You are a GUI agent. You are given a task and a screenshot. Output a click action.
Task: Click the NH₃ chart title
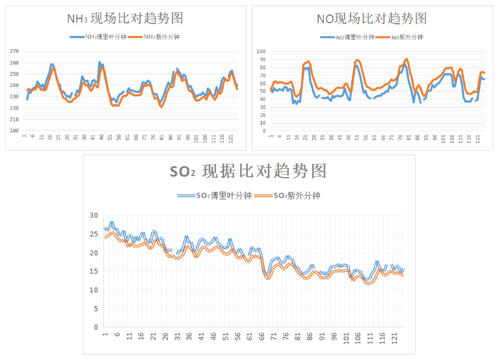[x=125, y=18]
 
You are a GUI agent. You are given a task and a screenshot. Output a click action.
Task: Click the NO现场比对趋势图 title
[x=372, y=18]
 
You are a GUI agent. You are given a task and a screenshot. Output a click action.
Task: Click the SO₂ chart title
[x=248, y=171]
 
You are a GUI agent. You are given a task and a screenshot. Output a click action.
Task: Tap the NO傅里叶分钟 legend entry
[x=347, y=38]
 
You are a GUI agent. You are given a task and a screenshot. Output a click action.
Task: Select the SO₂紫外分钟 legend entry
[x=288, y=196]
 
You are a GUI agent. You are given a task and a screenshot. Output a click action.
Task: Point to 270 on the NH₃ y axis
[x=14, y=51]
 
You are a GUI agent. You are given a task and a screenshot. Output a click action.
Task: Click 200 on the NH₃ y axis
[x=14, y=131]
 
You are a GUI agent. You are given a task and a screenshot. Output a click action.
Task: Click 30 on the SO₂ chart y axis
[x=94, y=215]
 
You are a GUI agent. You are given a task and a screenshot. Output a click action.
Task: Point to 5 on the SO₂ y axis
[x=96, y=308]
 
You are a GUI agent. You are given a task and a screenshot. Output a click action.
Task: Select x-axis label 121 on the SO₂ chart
[x=395, y=337]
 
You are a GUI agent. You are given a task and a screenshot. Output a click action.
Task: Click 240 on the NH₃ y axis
[x=14, y=85]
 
